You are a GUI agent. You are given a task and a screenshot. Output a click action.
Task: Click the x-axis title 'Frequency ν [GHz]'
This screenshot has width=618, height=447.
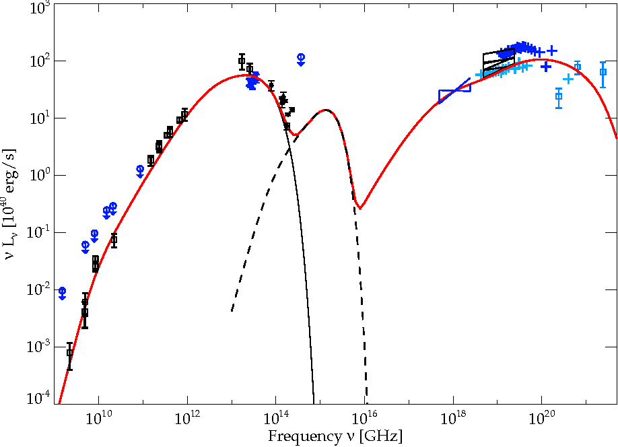(x=335, y=436)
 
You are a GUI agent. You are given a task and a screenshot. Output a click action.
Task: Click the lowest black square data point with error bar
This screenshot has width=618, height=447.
(x=69, y=353)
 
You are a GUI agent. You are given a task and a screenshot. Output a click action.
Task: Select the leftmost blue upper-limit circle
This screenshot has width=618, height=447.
(x=62, y=291)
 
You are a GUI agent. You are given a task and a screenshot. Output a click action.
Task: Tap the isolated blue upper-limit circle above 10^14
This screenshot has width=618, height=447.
(x=301, y=57)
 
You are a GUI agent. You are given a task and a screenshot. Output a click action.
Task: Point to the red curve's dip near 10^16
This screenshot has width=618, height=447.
(x=360, y=207)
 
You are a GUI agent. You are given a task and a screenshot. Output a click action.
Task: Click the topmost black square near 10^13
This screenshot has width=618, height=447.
(x=242, y=61)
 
